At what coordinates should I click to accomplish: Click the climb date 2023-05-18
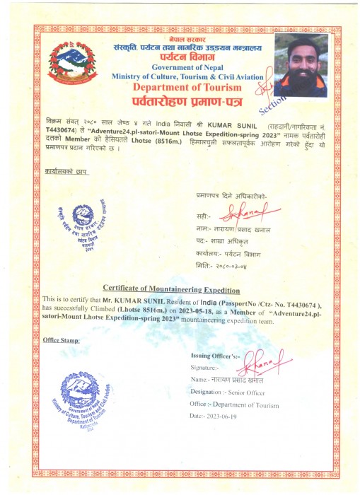point(200,310)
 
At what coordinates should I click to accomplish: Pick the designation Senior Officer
point(257,391)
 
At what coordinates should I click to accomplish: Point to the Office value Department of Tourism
point(252,404)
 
